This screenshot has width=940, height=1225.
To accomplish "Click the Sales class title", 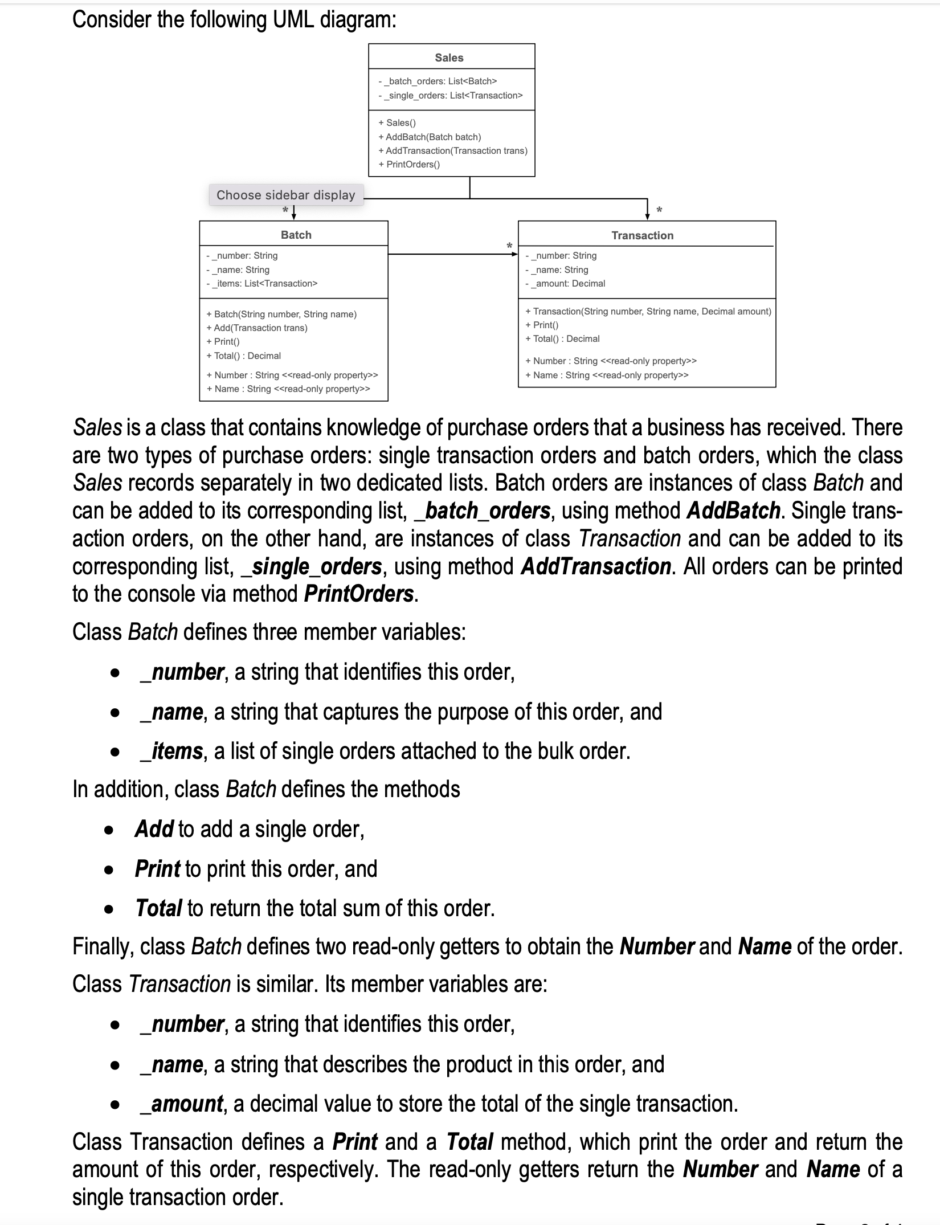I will click(449, 58).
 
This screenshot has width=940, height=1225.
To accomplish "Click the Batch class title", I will click(296, 235).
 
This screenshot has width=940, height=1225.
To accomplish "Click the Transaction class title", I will click(642, 235).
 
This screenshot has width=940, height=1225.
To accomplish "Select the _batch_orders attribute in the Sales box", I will click(438, 81).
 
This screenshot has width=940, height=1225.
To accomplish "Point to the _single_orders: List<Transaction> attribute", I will click(450, 95).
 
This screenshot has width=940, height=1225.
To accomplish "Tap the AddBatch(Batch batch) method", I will click(430, 137).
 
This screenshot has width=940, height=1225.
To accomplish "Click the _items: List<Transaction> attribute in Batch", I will click(261, 283).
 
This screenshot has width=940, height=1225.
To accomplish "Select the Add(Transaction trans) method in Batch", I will click(257, 328).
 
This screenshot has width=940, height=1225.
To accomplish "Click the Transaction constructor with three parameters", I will click(648, 311).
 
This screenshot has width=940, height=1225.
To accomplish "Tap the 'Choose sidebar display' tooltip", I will click(285, 195).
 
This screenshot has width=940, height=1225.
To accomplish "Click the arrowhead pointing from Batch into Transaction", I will click(514, 254).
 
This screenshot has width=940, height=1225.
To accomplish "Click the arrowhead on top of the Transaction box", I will click(647, 216).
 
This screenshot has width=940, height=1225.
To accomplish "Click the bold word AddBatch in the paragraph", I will click(733, 511).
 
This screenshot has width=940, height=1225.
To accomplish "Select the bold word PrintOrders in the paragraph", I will click(359, 594).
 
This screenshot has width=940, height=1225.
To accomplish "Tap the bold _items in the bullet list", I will click(171, 751).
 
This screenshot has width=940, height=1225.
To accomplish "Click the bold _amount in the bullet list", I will click(182, 1104).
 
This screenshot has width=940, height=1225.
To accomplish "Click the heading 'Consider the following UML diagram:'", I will click(234, 20).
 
